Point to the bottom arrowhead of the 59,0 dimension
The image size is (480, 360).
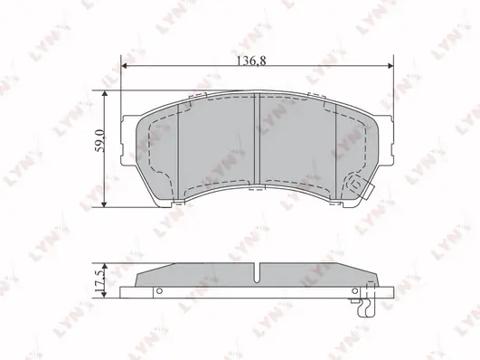click(x=108, y=207)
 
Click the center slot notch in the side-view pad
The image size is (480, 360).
click(x=259, y=271)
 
